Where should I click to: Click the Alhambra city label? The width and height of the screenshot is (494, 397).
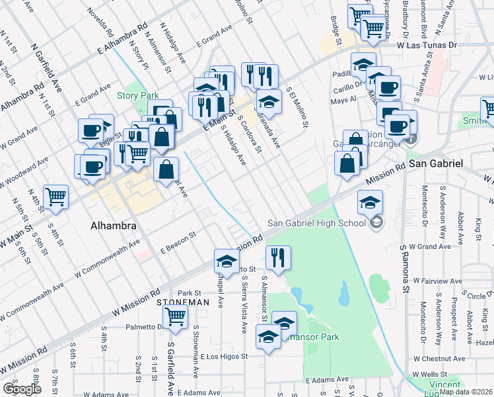pyautogui.click(x=112, y=226)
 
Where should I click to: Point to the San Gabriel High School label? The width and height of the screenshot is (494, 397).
pyautogui.click(x=317, y=222)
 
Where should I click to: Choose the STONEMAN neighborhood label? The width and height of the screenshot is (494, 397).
pyautogui.click(x=183, y=302)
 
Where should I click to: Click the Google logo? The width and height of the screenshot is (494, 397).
pyautogui.click(x=22, y=389)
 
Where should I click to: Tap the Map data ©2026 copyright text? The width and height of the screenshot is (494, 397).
pyautogui.click(x=466, y=392)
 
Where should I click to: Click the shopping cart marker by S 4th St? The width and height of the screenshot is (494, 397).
pyautogui.click(x=57, y=196)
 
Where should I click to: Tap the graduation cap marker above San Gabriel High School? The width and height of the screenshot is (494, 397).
pyautogui.click(x=370, y=202)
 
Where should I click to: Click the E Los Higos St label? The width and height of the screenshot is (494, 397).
pyautogui.click(x=217, y=355)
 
